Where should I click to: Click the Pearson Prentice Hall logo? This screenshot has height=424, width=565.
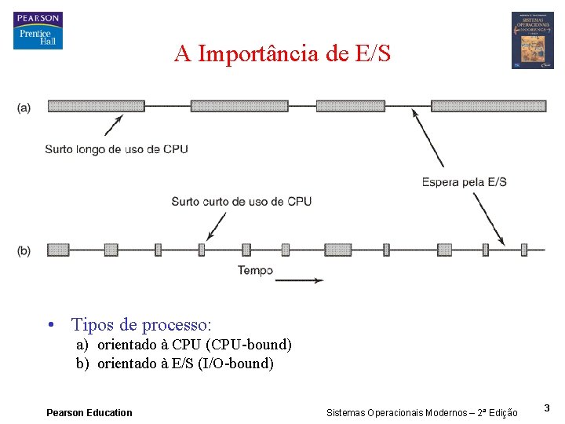(x=37, y=31)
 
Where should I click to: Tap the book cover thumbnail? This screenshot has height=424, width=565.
(x=532, y=40)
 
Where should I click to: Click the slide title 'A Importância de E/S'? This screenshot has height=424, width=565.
(x=282, y=54)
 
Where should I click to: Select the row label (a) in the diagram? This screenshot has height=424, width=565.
(x=24, y=108)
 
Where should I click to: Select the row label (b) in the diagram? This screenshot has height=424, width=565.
(x=24, y=250)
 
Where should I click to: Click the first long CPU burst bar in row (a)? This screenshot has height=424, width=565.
(x=96, y=105)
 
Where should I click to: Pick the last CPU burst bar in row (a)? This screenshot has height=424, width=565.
(x=488, y=105)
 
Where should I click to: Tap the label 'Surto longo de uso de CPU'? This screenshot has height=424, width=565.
(x=116, y=149)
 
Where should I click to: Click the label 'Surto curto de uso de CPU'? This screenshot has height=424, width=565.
(x=241, y=202)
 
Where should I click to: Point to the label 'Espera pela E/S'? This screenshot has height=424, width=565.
(x=464, y=182)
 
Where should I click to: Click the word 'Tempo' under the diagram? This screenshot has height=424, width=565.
(x=255, y=271)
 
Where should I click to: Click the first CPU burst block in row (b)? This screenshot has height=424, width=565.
(x=58, y=250)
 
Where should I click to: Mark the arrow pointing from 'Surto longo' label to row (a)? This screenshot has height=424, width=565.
(x=114, y=125)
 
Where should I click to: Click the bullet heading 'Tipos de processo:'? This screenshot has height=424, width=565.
(x=141, y=324)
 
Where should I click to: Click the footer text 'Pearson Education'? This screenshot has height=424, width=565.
(x=89, y=412)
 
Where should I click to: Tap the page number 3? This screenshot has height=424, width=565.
(x=547, y=408)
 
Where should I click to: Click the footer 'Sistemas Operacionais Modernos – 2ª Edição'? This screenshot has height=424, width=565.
(x=421, y=412)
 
